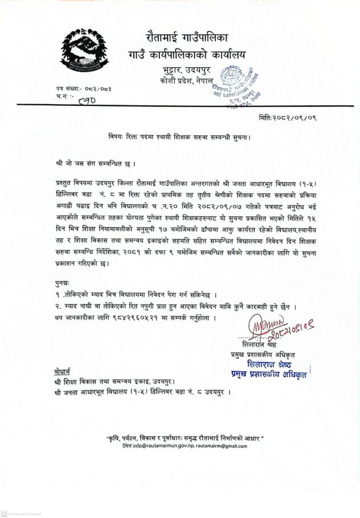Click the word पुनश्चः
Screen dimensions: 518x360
pos(59,282)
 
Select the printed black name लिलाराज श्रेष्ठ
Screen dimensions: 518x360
pos(257,346)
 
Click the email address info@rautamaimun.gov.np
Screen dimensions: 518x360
pos(158,446)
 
